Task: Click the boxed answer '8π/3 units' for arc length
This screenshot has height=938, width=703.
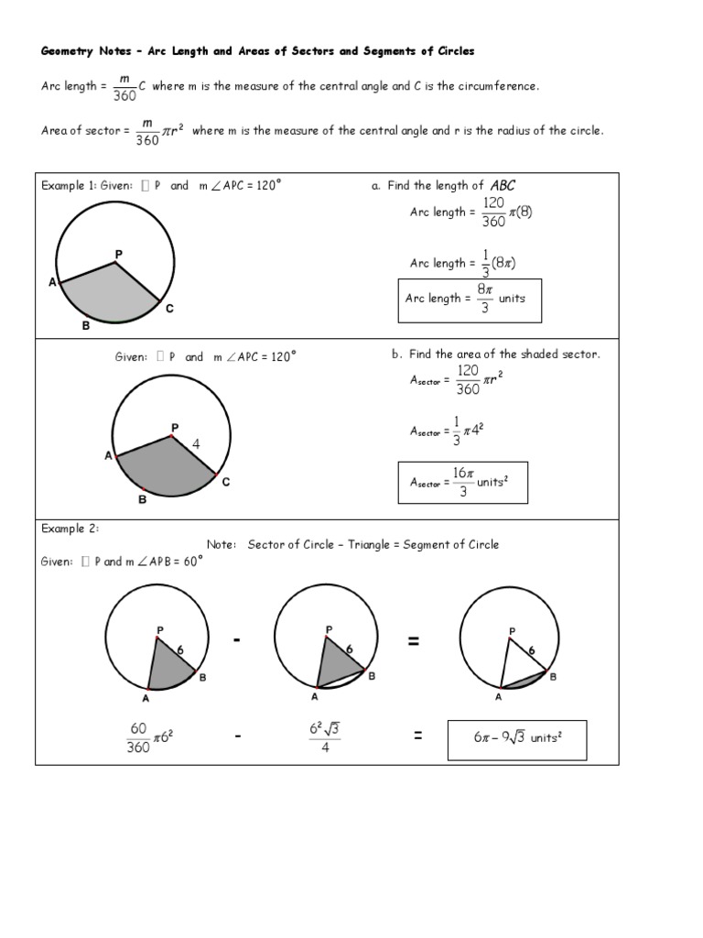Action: (x=469, y=299)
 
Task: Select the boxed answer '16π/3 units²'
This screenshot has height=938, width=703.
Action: (x=463, y=482)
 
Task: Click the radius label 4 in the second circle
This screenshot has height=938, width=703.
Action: (x=196, y=444)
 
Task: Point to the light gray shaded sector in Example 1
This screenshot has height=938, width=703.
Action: (x=108, y=295)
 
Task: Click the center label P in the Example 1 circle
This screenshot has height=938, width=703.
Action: (x=118, y=252)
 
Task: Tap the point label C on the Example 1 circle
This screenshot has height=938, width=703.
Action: (x=169, y=310)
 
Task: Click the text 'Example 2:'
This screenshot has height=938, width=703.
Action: (x=70, y=529)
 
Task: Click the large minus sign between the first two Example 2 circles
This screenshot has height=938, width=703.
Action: (x=237, y=642)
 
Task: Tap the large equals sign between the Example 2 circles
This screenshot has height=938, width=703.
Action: (x=415, y=642)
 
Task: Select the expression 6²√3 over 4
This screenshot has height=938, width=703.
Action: (x=326, y=738)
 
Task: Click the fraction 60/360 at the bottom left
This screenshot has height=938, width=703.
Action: (x=138, y=738)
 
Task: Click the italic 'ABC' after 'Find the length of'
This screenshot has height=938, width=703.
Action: (x=503, y=185)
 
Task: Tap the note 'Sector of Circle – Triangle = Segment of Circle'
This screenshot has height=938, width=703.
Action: (x=373, y=544)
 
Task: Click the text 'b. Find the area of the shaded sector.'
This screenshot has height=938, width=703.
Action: (x=495, y=354)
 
